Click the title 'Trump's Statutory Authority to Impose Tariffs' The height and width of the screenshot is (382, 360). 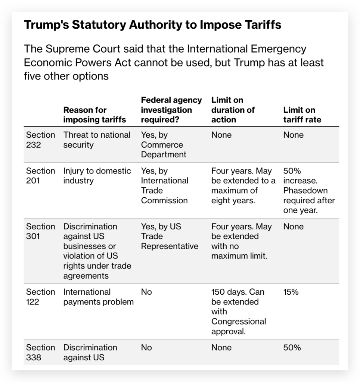click(x=152, y=25)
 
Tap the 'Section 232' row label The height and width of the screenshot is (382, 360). click(x=40, y=140)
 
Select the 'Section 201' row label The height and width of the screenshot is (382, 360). click(x=40, y=176)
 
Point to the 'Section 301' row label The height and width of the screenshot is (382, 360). click(x=40, y=231)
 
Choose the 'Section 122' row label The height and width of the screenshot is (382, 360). click(x=40, y=297)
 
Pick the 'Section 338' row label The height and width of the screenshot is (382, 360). click(x=40, y=352)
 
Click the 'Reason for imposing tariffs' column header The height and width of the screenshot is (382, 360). click(x=94, y=115)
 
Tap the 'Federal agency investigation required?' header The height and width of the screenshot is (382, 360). click(x=171, y=110)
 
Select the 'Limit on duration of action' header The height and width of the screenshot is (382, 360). click(x=233, y=110)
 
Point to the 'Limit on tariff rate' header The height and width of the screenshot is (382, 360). click(x=302, y=115)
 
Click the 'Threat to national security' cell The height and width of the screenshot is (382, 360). click(x=97, y=140)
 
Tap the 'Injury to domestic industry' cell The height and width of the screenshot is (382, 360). click(x=97, y=176)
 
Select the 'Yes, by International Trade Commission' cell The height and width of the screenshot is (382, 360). click(x=165, y=185)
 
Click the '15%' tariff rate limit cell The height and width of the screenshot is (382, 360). click(x=291, y=292)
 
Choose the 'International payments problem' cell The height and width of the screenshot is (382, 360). click(x=98, y=297)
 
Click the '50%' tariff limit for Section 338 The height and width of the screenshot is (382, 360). click(x=292, y=348)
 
